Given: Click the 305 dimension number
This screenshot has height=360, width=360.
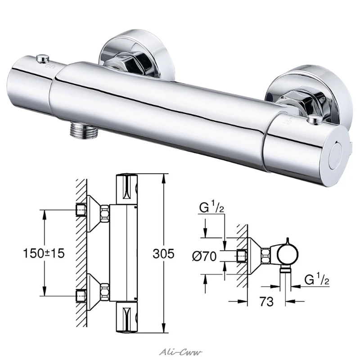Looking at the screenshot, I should [163, 253].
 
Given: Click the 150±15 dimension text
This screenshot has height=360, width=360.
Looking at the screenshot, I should [44, 253].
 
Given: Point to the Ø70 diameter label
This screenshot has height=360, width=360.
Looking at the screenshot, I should [204, 256].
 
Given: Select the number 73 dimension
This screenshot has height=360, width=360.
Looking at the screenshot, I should [266, 301].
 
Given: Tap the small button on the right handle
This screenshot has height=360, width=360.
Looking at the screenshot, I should [313, 118].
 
